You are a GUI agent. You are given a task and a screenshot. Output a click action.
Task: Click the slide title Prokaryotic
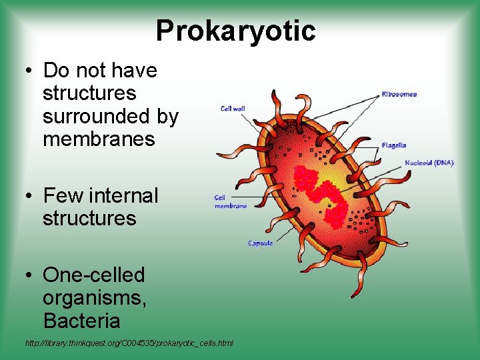pos(235,31)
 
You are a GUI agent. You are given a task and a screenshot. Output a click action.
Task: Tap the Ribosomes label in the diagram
pos(399,94)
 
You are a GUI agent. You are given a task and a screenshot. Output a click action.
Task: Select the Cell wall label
pos(233,109)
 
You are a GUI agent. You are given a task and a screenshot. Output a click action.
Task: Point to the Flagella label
pos(393,145)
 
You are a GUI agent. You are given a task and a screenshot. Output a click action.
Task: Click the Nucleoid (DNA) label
pos(429,163)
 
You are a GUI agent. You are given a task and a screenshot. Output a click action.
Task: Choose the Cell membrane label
pos(230,202)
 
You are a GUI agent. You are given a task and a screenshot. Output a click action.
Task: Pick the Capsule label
pos(260,243)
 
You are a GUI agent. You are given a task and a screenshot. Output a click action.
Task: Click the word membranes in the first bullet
pos(98,139)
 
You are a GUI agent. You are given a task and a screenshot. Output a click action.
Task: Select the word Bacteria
pos(81,321)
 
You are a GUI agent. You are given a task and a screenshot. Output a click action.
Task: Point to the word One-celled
pos(93,275)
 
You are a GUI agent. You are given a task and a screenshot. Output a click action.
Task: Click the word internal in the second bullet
pos(123,196)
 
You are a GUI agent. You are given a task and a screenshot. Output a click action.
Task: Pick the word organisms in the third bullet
pos(94,298)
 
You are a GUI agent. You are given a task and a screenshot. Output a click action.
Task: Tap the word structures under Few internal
pos(89,219)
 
